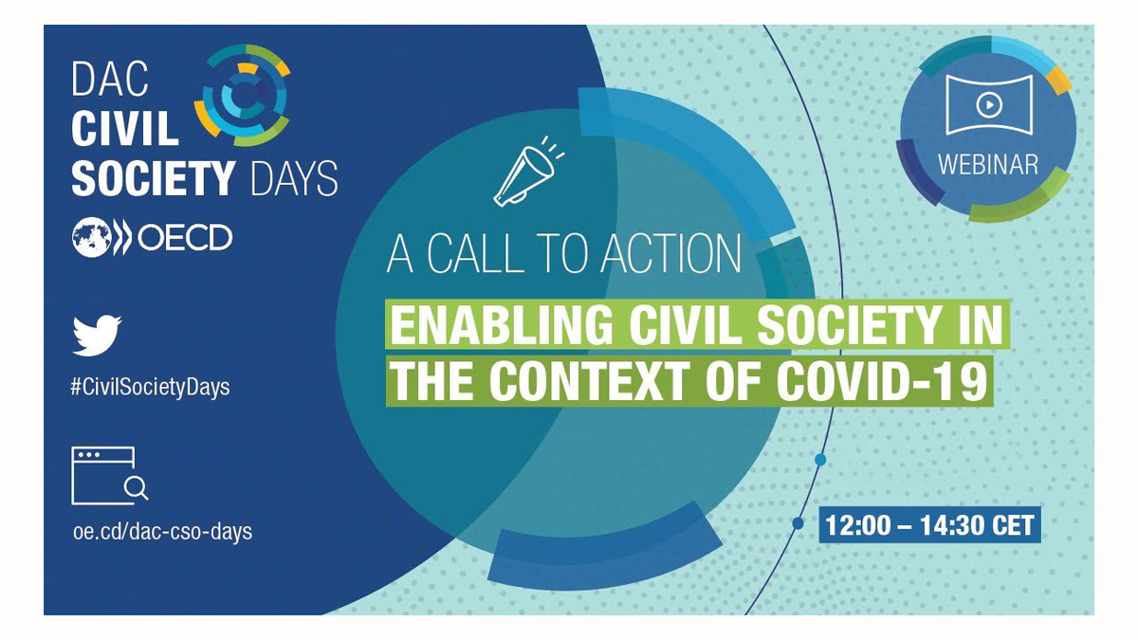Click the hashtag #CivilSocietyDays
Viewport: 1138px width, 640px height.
tap(151, 388)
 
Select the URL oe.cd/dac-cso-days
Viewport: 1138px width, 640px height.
tap(162, 532)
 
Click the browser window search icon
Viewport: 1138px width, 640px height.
tap(110, 475)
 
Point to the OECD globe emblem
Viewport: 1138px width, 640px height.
tap(92, 237)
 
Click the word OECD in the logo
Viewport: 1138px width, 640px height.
tap(185, 238)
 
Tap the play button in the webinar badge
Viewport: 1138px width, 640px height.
tap(988, 105)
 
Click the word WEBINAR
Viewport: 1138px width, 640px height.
tap(988, 165)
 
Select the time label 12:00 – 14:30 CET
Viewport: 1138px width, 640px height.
tap(929, 525)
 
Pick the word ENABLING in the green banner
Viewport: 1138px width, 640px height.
tap(502, 325)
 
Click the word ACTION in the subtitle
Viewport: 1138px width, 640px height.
tap(670, 253)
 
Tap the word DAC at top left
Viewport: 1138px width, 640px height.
tap(110, 79)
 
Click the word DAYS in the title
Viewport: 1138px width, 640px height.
tap(294, 178)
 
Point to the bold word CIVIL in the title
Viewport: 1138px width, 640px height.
tap(125, 128)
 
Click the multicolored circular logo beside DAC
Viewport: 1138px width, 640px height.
tap(243, 95)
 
